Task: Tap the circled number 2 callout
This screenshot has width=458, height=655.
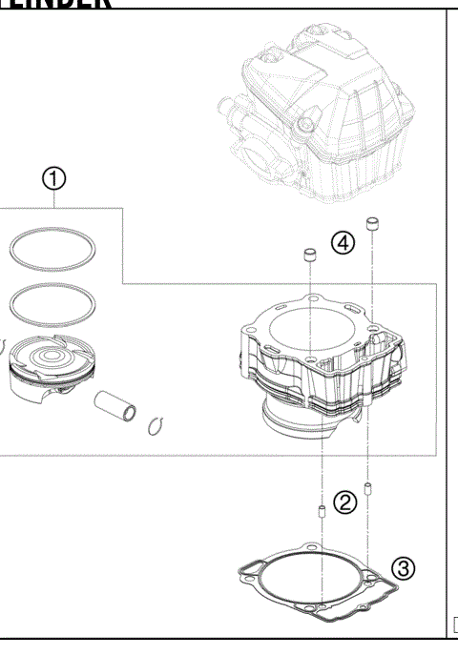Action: pos(346,500)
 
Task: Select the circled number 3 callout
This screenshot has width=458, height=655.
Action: pos(404,570)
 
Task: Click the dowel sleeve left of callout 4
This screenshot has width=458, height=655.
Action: pos(309,256)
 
